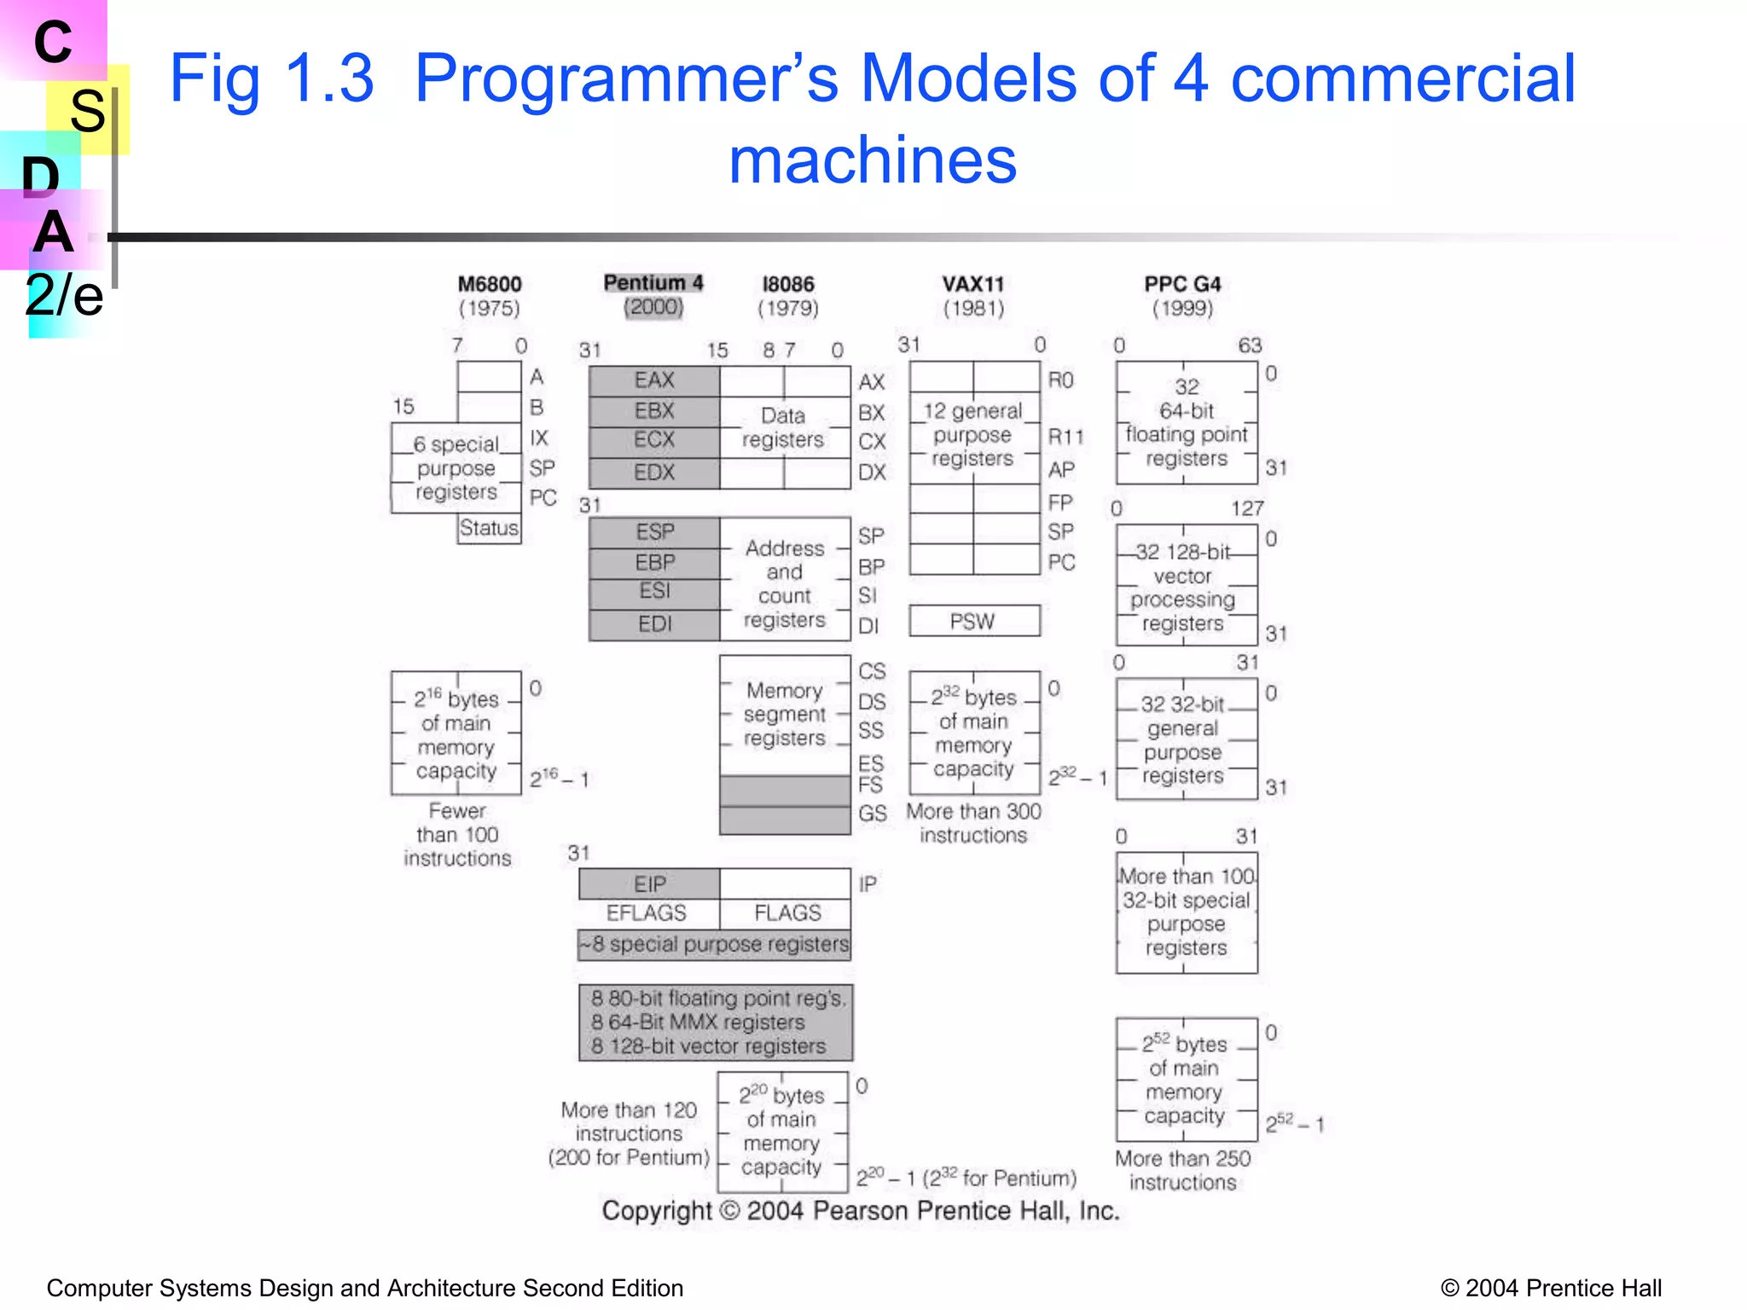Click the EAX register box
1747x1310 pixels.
click(653, 380)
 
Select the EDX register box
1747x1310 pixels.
click(653, 472)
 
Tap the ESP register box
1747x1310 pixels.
click(653, 532)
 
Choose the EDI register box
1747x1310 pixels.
click(653, 624)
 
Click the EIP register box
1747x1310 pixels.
click(649, 884)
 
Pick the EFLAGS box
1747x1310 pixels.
click(647, 913)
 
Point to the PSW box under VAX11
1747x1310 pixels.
click(973, 621)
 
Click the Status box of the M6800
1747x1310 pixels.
click(489, 529)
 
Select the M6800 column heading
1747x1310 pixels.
click(489, 284)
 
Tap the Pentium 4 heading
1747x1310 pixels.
click(653, 283)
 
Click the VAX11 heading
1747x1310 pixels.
click(973, 284)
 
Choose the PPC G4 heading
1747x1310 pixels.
click(1182, 284)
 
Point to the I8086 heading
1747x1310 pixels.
click(788, 284)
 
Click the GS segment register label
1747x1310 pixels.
click(872, 814)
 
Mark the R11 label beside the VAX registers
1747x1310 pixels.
click(1065, 438)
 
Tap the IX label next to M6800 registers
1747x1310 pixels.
click(539, 438)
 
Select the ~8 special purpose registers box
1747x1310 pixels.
click(715, 944)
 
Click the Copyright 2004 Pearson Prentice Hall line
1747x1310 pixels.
click(860, 1211)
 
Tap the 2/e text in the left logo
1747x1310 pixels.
click(64, 296)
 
